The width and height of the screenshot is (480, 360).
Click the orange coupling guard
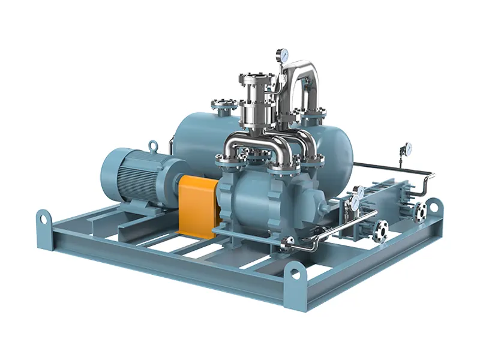tap(196, 204)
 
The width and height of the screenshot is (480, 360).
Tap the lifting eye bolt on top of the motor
tap(154, 145)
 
